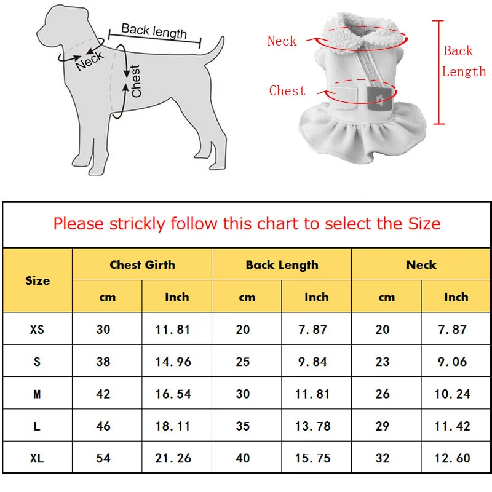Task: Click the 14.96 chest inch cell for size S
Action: point(173,362)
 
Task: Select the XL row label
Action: point(37,458)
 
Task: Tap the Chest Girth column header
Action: point(142,264)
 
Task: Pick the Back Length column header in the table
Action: point(282,265)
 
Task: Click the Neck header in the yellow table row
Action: point(421,264)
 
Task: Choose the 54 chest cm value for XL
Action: point(103,458)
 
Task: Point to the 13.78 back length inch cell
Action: point(313,426)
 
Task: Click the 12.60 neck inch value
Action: point(453,458)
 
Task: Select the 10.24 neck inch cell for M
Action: point(453,394)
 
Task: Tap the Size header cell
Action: point(38,280)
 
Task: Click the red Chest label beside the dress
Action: point(287,90)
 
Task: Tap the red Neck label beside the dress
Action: point(282,41)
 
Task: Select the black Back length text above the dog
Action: point(154,31)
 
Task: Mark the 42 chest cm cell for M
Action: point(103,394)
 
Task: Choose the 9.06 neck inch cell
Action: point(453,362)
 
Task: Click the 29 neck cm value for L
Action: point(383,426)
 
